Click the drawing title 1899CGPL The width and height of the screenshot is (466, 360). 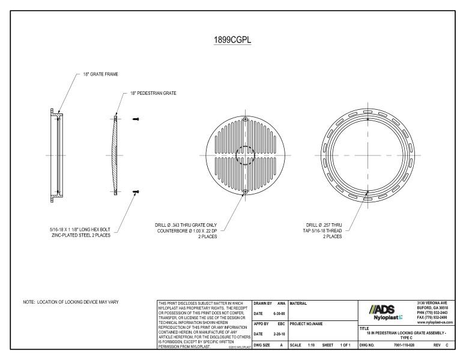(x=233, y=41)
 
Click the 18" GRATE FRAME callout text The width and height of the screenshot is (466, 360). (x=101, y=74)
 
